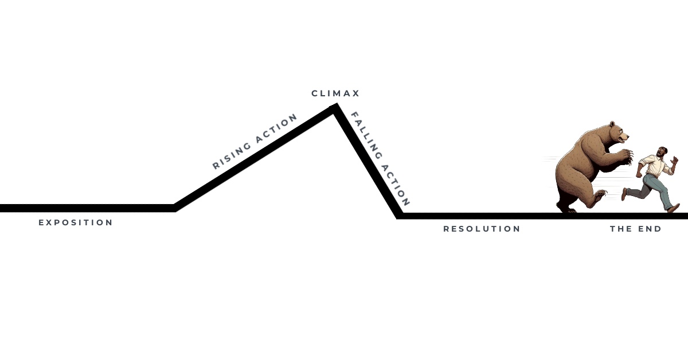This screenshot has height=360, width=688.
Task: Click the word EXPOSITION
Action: (x=76, y=222)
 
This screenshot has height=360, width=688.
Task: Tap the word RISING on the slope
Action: (x=232, y=154)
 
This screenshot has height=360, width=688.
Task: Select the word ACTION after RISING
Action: (x=277, y=127)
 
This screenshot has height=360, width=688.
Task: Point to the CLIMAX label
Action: (x=335, y=93)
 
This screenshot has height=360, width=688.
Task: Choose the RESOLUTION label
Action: (x=482, y=229)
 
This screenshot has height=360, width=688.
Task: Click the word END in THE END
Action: (x=650, y=229)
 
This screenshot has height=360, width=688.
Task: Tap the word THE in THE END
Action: (x=621, y=229)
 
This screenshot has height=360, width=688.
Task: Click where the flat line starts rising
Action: (x=174, y=208)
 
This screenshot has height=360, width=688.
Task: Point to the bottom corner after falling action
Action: (x=400, y=216)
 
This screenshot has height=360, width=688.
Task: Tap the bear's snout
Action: (x=626, y=138)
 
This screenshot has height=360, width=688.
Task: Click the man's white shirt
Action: (x=654, y=166)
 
